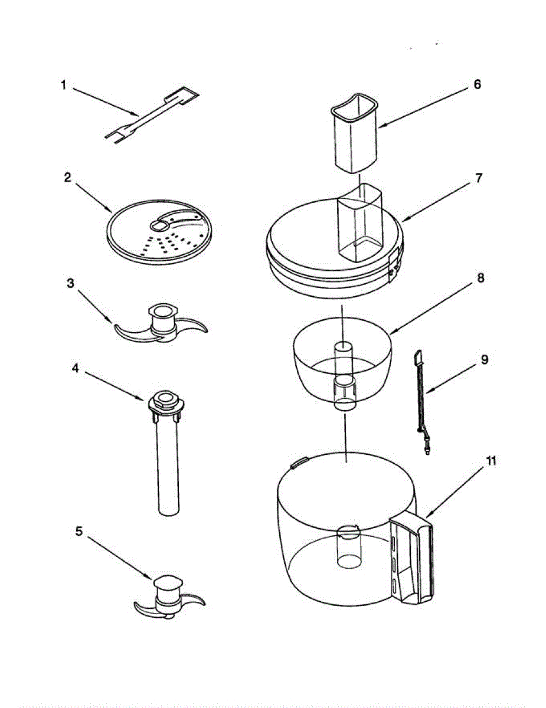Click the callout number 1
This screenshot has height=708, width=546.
tap(63, 85)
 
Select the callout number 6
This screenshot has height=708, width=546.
tap(477, 84)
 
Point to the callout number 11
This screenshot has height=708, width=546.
tap(491, 461)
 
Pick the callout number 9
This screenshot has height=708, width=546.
tap(484, 360)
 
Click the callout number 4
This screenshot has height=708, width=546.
tap(76, 368)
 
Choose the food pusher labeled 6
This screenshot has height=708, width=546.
tap(354, 133)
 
